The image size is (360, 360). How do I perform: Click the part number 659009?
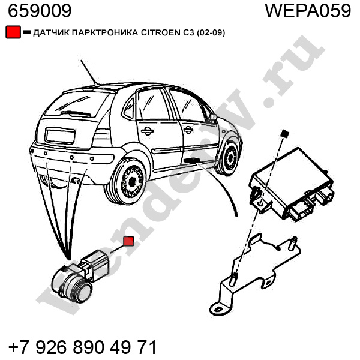(40, 11)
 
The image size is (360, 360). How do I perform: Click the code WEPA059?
(308, 11)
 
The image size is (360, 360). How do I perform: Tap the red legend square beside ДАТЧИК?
(13, 32)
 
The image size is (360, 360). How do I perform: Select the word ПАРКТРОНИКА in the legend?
(105, 33)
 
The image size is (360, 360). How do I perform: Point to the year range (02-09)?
(211, 33)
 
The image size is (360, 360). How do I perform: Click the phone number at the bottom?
(82, 347)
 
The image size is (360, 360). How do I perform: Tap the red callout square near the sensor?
(128, 241)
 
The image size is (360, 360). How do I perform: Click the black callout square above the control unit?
(285, 133)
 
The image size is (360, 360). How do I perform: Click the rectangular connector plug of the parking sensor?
(97, 264)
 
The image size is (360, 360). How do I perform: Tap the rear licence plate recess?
(60, 136)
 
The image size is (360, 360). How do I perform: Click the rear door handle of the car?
(147, 131)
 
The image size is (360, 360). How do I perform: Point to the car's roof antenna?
(89, 73)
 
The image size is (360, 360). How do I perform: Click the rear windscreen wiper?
(76, 113)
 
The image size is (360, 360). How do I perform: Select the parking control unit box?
(292, 185)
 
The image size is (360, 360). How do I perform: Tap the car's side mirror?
(212, 118)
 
